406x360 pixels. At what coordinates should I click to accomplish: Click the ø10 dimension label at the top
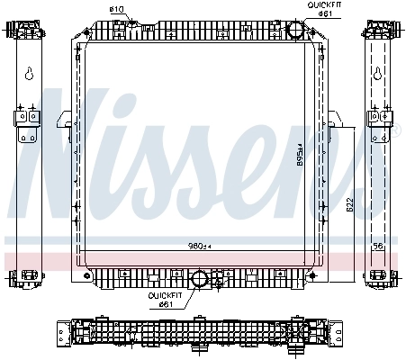(x=116, y=10)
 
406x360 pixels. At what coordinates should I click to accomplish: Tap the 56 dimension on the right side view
(x=379, y=245)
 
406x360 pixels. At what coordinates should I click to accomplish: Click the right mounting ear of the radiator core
(x=334, y=120)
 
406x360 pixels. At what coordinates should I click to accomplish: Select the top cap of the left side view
(x=26, y=29)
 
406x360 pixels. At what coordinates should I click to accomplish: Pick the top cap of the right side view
(x=379, y=29)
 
